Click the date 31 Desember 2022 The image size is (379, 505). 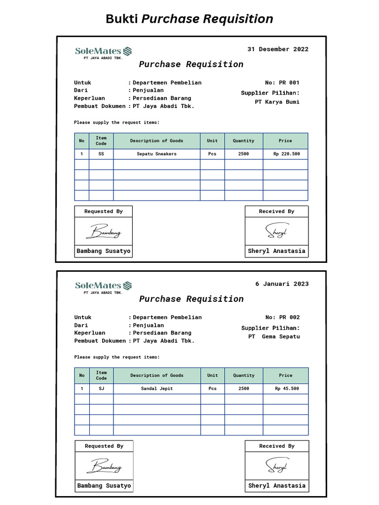[277, 49]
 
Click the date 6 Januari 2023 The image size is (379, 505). [282, 284]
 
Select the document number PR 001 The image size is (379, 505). [289, 83]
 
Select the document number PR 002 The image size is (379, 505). [289, 318]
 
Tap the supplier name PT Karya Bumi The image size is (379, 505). [277, 102]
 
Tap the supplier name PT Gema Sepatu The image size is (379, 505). [274, 337]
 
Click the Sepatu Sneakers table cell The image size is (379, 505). [156, 154]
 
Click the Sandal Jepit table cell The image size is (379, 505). [156, 389]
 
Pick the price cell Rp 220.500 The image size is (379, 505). [286, 154]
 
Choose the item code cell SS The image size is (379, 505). [101, 154]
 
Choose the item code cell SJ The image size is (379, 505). [101, 389]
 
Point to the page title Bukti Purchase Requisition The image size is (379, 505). [189, 19]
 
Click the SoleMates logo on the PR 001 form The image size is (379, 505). [103, 51]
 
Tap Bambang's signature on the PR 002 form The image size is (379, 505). [104, 466]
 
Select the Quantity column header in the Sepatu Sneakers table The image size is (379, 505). [244, 141]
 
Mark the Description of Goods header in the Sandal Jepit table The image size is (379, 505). [156, 376]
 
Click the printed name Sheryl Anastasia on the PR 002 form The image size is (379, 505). [277, 486]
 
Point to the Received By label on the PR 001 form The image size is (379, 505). [276, 212]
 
